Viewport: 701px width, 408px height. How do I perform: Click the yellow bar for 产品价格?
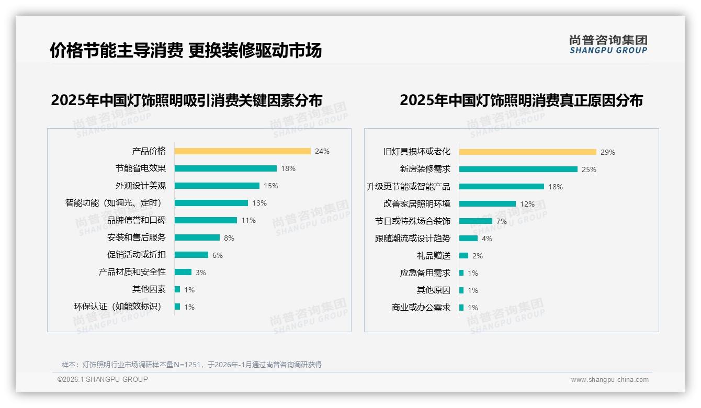(x=242, y=151)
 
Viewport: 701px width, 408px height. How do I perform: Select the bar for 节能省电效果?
(x=225, y=168)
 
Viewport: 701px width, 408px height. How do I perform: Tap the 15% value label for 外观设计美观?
(x=271, y=186)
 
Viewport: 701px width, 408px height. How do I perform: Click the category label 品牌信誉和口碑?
(x=137, y=220)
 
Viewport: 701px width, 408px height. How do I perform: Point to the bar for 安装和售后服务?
(x=197, y=237)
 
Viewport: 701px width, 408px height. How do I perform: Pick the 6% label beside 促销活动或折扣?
(x=218, y=255)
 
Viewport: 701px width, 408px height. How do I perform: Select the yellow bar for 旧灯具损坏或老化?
(x=527, y=152)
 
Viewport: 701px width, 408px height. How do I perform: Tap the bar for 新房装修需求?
(x=518, y=169)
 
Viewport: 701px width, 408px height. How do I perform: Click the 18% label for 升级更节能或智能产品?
(x=556, y=187)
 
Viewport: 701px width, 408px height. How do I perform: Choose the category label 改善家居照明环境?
(x=416, y=203)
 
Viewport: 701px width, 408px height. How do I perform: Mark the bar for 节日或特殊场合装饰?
(x=476, y=221)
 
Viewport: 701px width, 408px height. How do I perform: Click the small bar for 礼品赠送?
(x=463, y=256)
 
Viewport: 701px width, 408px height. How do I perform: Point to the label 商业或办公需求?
(x=421, y=308)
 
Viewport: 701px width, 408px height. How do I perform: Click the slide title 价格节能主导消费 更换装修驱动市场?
(x=186, y=50)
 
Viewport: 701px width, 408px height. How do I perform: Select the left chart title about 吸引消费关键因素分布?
(x=186, y=100)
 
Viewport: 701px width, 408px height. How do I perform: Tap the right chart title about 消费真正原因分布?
(x=521, y=100)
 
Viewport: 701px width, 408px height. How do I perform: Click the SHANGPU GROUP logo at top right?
(x=608, y=44)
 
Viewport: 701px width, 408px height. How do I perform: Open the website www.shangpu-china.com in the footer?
(x=609, y=380)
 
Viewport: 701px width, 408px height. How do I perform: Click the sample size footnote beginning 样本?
(x=191, y=365)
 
